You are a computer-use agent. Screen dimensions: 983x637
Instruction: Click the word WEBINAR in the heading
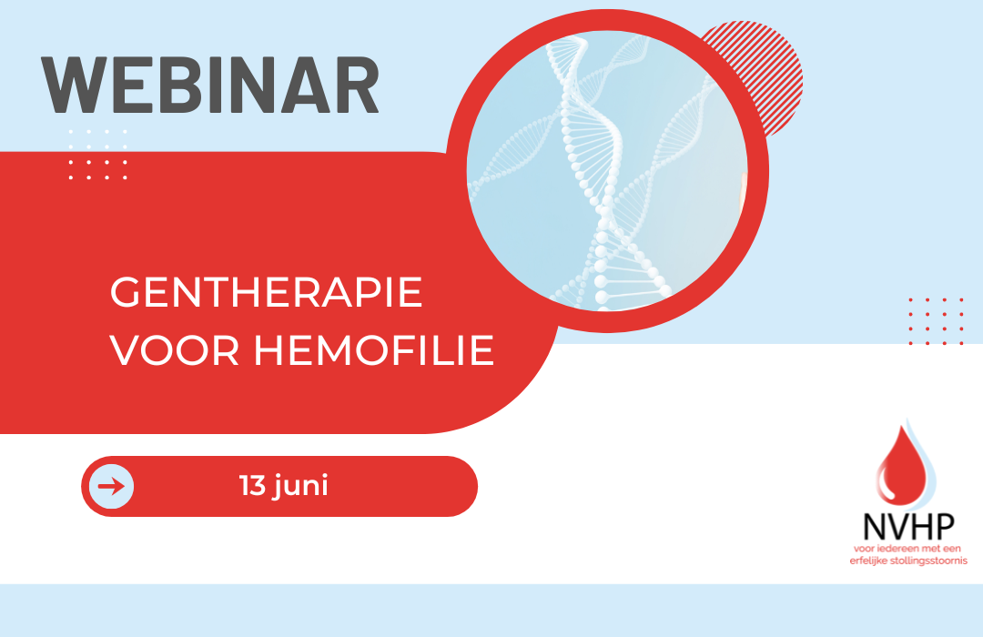(210, 86)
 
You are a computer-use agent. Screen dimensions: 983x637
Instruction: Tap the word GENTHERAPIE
(267, 292)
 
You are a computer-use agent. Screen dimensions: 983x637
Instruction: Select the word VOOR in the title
(175, 349)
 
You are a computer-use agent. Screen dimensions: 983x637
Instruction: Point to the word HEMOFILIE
(374, 349)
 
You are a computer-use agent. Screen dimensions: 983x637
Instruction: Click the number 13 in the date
(253, 486)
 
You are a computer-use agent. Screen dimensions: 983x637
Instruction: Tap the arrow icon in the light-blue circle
(112, 486)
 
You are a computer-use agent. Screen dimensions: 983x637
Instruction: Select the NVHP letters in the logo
(909, 526)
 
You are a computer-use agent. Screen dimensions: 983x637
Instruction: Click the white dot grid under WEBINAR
(97, 154)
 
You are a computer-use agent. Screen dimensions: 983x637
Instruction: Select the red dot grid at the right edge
(936, 321)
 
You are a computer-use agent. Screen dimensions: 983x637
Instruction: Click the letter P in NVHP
(946, 526)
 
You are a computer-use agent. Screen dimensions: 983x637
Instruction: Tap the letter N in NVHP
(873, 527)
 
